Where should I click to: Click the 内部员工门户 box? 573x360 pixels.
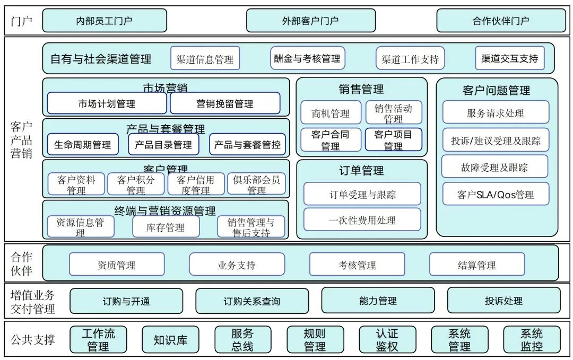click(x=105, y=21)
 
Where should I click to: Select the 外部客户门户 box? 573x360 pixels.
click(x=310, y=21)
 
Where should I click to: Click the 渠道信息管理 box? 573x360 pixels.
click(x=205, y=59)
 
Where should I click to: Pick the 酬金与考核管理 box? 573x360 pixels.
click(x=308, y=58)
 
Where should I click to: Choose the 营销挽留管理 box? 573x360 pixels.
click(x=225, y=103)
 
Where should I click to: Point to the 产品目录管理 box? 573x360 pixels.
click(x=163, y=144)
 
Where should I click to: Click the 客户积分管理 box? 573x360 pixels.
click(x=136, y=185)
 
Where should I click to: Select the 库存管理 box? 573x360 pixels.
click(x=166, y=227)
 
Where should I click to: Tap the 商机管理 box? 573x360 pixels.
click(x=331, y=113)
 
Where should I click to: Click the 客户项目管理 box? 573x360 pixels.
click(x=393, y=140)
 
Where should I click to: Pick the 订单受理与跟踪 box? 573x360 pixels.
click(x=362, y=194)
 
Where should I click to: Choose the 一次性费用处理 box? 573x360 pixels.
click(x=362, y=220)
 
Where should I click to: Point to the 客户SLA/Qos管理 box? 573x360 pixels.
click(x=496, y=195)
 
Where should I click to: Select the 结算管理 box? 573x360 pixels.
click(x=476, y=265)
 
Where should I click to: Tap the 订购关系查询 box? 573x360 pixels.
click(x=252, y=301)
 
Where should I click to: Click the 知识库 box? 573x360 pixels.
click(x=170, y=340)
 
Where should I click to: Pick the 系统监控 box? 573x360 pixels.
click(x=532, y=340)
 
